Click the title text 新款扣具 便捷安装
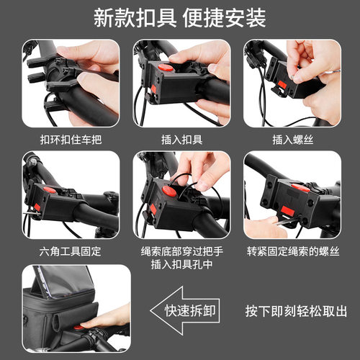[180, 18]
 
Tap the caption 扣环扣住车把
[71, 140]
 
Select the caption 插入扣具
[182, 140]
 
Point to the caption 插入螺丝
[293, 140]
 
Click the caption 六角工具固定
[70, 251]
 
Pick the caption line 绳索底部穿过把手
[182, 251]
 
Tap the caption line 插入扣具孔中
[182, 264]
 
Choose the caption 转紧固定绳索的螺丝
[293, 251]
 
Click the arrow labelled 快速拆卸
[185, 310]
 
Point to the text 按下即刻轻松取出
[296, 311]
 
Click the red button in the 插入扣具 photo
[166, 67]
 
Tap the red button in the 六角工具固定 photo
[50, 190]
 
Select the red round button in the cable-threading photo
[169, 191]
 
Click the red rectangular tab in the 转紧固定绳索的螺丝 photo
[287, 210]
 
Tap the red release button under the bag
[78, 327]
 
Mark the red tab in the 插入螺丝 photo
[282, 84]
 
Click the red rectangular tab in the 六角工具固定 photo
[37, 207]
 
